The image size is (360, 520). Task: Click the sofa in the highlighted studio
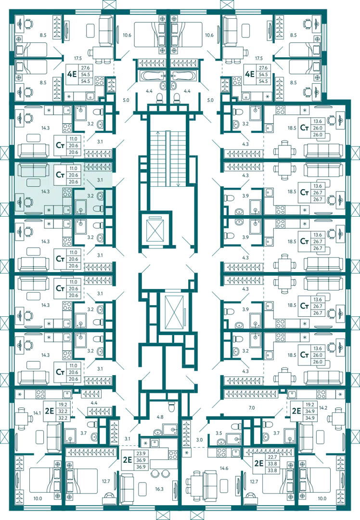pyautogui.click(x=33, y=170)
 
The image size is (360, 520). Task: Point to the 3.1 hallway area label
pyautogui.click(x=100, y=180)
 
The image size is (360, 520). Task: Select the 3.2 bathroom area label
pyautogui.click(x=90, y=195)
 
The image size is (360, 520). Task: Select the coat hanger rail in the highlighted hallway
pyautogui.click(x=99, y=167)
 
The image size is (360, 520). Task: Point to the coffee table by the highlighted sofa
pyautogui.click(x=33, y=182)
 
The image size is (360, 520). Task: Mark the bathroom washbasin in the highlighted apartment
pyautogui.click(x=100, y=196)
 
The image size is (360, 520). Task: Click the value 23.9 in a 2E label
pyautogui.click(x=141, y=454)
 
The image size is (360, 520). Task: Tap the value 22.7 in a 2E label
pyautogui.click(x=274, y=458)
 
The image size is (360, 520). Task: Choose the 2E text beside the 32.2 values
pyautogui.click(x=49, y=412)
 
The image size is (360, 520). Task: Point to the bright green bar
pyautogui.click(x=271, y=503)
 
